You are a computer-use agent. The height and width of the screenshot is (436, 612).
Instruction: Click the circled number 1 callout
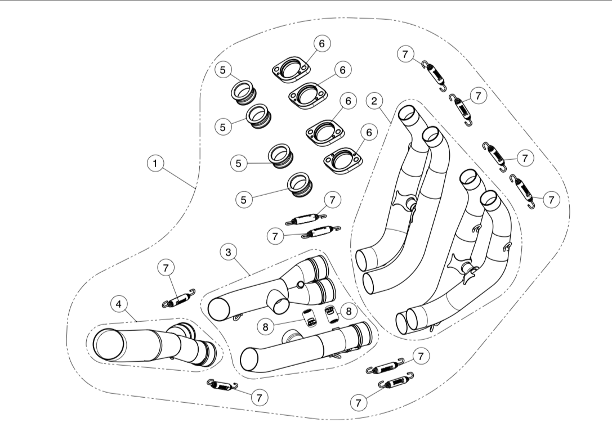pyautogui.click(x=155, y=164)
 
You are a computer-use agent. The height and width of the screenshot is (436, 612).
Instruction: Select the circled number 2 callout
pyautogui.click(x=374, y=101)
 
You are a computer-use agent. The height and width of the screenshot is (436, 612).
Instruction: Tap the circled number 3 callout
pyautogui.click(x=228, y=252)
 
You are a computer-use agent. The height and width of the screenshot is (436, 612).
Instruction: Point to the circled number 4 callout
pyautogui.click(x=118, y=304)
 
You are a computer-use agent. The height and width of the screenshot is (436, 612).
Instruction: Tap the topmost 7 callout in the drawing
pyautogui.click(x=405, y=54)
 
